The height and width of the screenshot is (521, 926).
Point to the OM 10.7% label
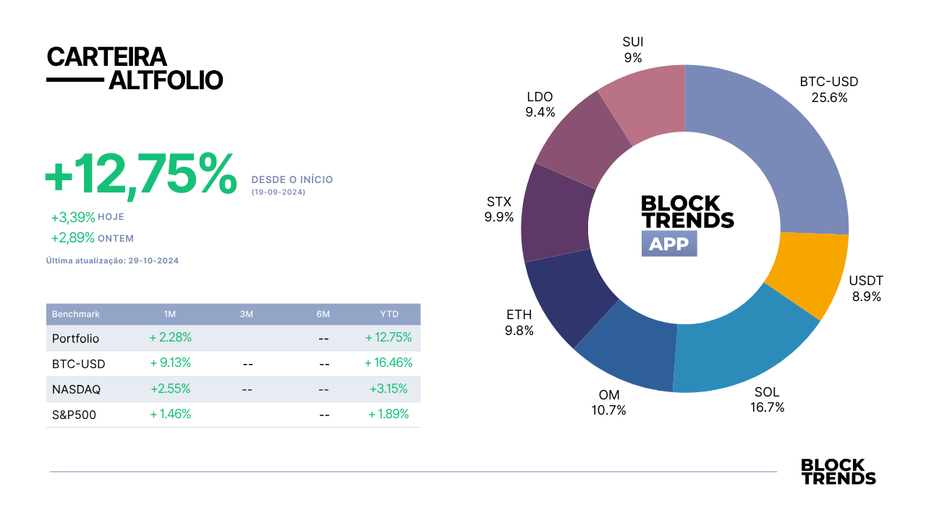608,402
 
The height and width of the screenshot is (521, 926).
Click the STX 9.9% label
499,209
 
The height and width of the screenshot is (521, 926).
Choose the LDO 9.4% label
540,104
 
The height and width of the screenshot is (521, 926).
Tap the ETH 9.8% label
519,323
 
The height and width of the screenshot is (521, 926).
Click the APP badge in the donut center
669,244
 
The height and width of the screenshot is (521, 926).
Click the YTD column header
389,314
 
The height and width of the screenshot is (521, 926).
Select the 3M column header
247,314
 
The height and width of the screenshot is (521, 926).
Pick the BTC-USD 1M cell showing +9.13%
170,363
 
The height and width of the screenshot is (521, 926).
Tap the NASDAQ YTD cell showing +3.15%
388,389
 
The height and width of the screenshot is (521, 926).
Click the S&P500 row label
74,415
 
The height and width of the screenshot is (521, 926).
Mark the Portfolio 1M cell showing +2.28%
170,338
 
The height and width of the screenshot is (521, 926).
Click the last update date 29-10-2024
153,261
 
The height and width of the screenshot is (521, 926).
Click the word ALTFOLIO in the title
166,80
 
